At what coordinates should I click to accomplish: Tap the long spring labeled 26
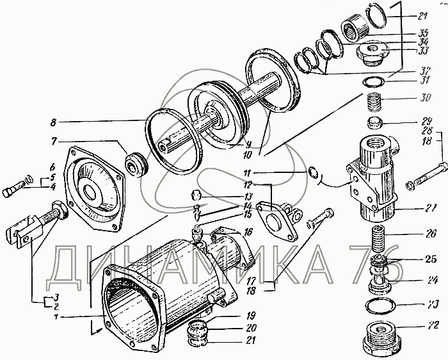(x=377, y=238)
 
